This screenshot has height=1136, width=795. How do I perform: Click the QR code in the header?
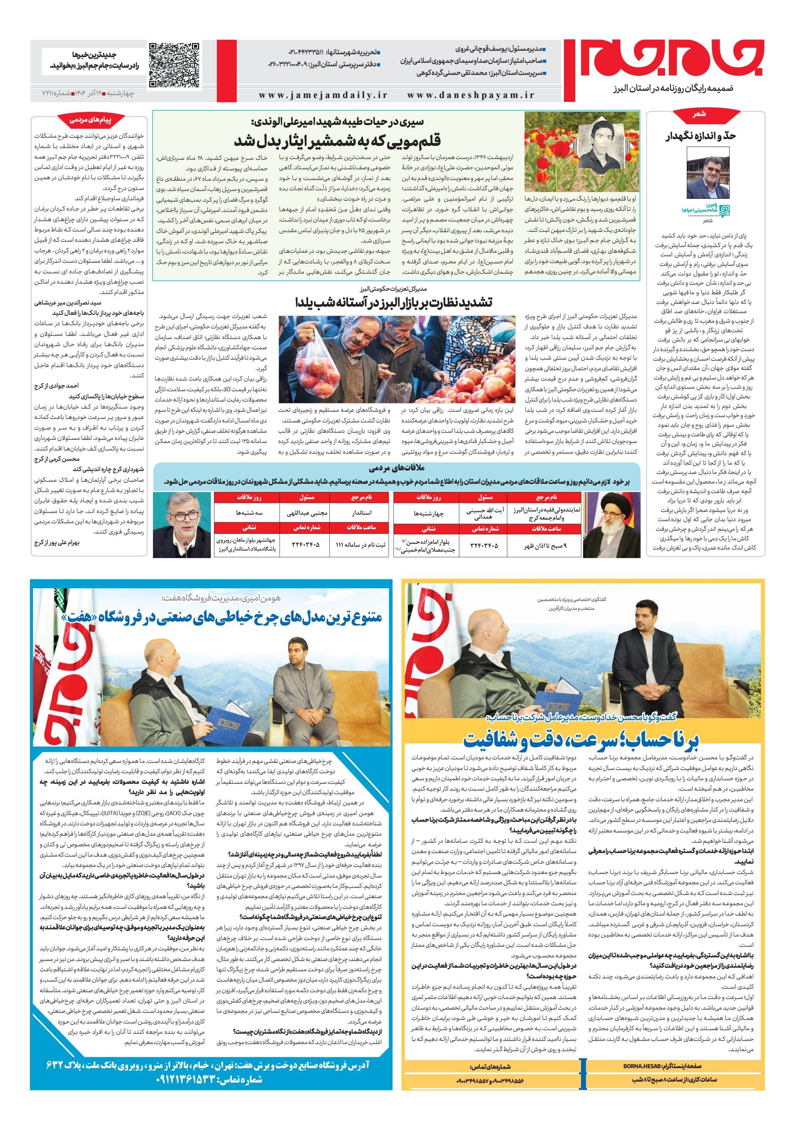(175, 66)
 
